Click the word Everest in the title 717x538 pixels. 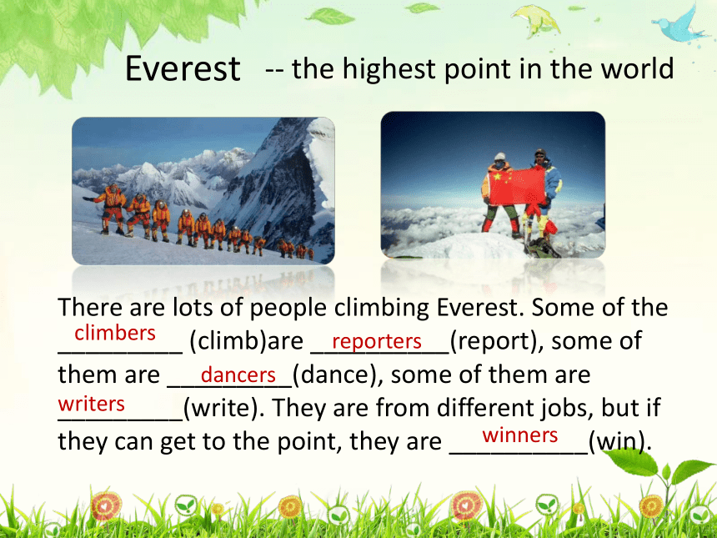[x=183, y=68]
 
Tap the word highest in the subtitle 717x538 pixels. [x=389, y=68]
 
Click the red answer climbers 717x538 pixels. [x=115, y=333]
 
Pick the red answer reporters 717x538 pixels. [x=377, y=341]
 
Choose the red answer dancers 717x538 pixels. [x=238, y=375]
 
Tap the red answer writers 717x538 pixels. [x=92, y=404]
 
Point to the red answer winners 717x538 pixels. [x=520, y=435]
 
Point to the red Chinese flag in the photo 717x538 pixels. [x=517, y=185]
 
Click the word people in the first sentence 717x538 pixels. [x=288, y=308]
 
